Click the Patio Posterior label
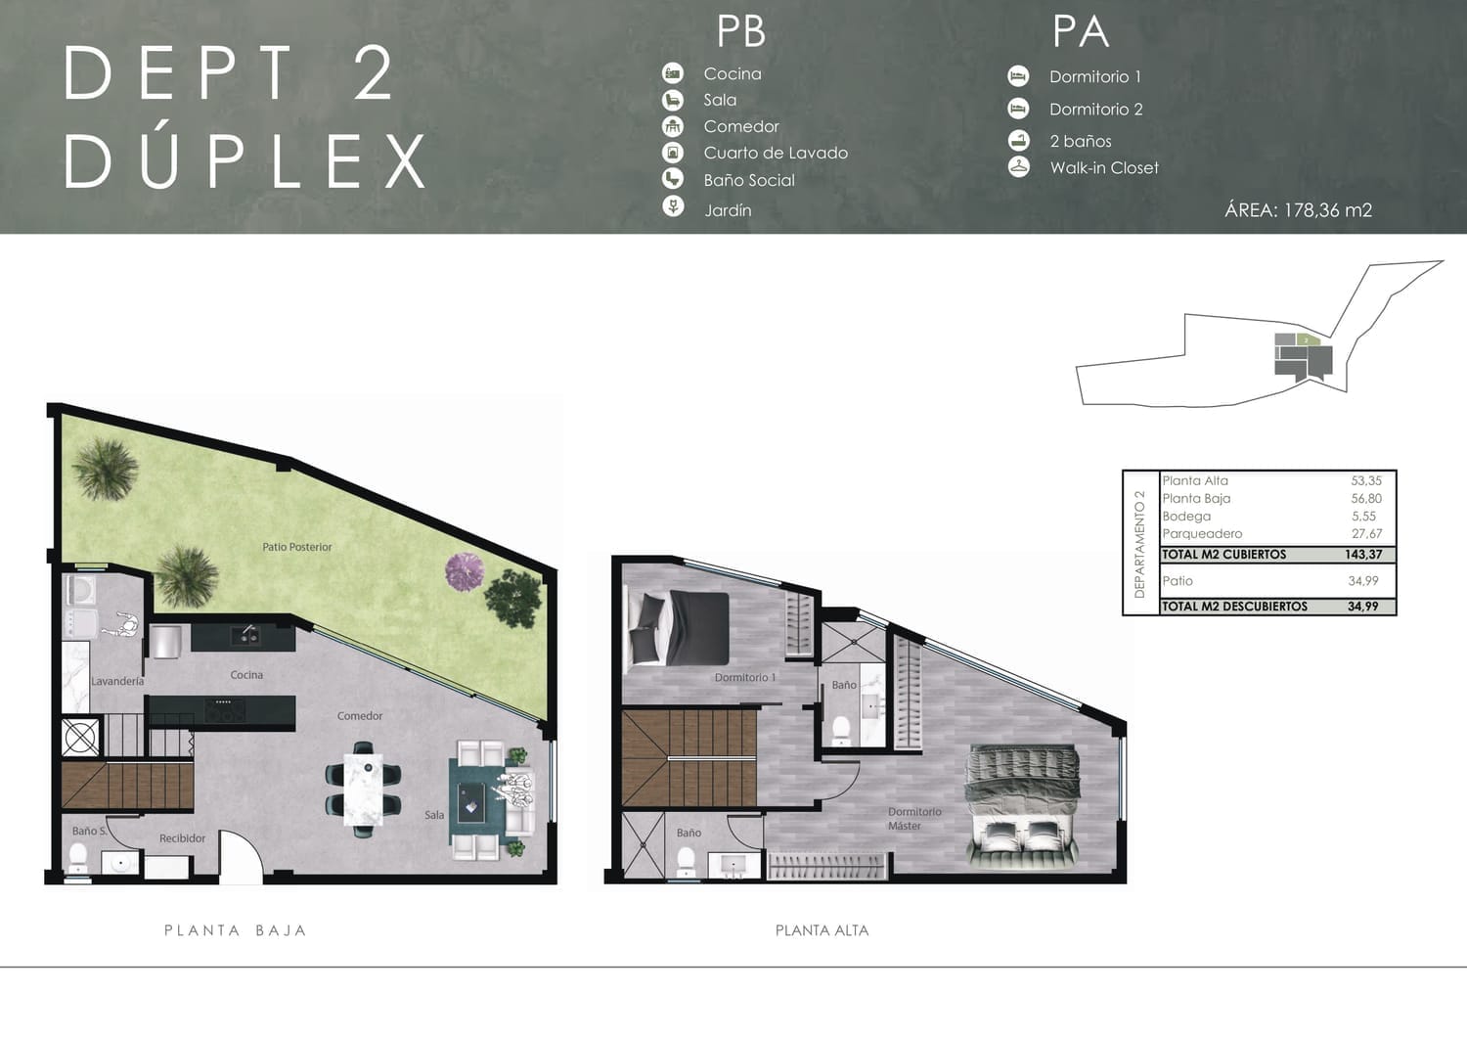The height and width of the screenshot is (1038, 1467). pos(296,547)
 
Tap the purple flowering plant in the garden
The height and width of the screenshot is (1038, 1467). pos(465,571)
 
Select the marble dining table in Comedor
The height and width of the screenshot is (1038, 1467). pos(363,790)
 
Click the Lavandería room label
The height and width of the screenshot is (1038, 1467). pos(117,681)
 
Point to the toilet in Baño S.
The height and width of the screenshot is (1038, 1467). pos(78,857)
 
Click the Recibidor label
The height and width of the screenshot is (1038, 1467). pos(182,838)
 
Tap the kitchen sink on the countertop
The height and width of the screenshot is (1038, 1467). pos(244,635)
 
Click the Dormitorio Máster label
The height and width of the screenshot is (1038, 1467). pos(914,819)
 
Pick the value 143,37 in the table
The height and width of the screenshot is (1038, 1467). pos(1363,555)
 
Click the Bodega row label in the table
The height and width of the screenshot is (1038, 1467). pos(1186,517)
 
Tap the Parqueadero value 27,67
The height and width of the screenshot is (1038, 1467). pos(1366,534)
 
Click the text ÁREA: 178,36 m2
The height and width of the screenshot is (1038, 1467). pos(1298,210)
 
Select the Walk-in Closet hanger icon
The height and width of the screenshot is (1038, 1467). pos(1018,167)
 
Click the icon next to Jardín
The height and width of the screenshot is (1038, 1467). pos(673,207)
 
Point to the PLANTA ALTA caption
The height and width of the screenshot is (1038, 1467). pos(822,930)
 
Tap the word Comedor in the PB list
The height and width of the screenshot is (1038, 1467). pos(741,126)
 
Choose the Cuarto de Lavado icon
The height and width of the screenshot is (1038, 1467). pos(673,153)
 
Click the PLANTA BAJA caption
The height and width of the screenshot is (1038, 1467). pos(235,930)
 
